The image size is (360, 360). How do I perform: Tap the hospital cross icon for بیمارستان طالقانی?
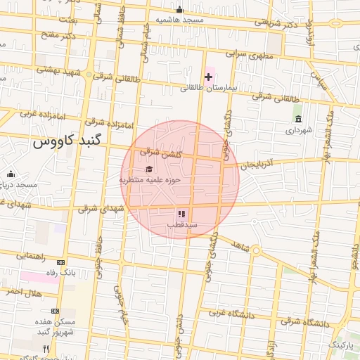(x=209, y=76)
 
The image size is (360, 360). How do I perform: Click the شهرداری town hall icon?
(x=298, y=118)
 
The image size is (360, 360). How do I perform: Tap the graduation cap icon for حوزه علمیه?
(x=148, y=169)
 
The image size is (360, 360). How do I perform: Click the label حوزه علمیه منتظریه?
(x=150, y=180)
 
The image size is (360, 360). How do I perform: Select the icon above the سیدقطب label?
(x=181, y=213)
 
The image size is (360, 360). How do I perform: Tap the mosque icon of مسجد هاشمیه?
(x=180, y=9)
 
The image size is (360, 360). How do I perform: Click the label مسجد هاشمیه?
(x=179, y=20)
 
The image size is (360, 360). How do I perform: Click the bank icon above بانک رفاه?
(x=60, y=262)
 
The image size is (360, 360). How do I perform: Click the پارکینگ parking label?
(x=342, y=345)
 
